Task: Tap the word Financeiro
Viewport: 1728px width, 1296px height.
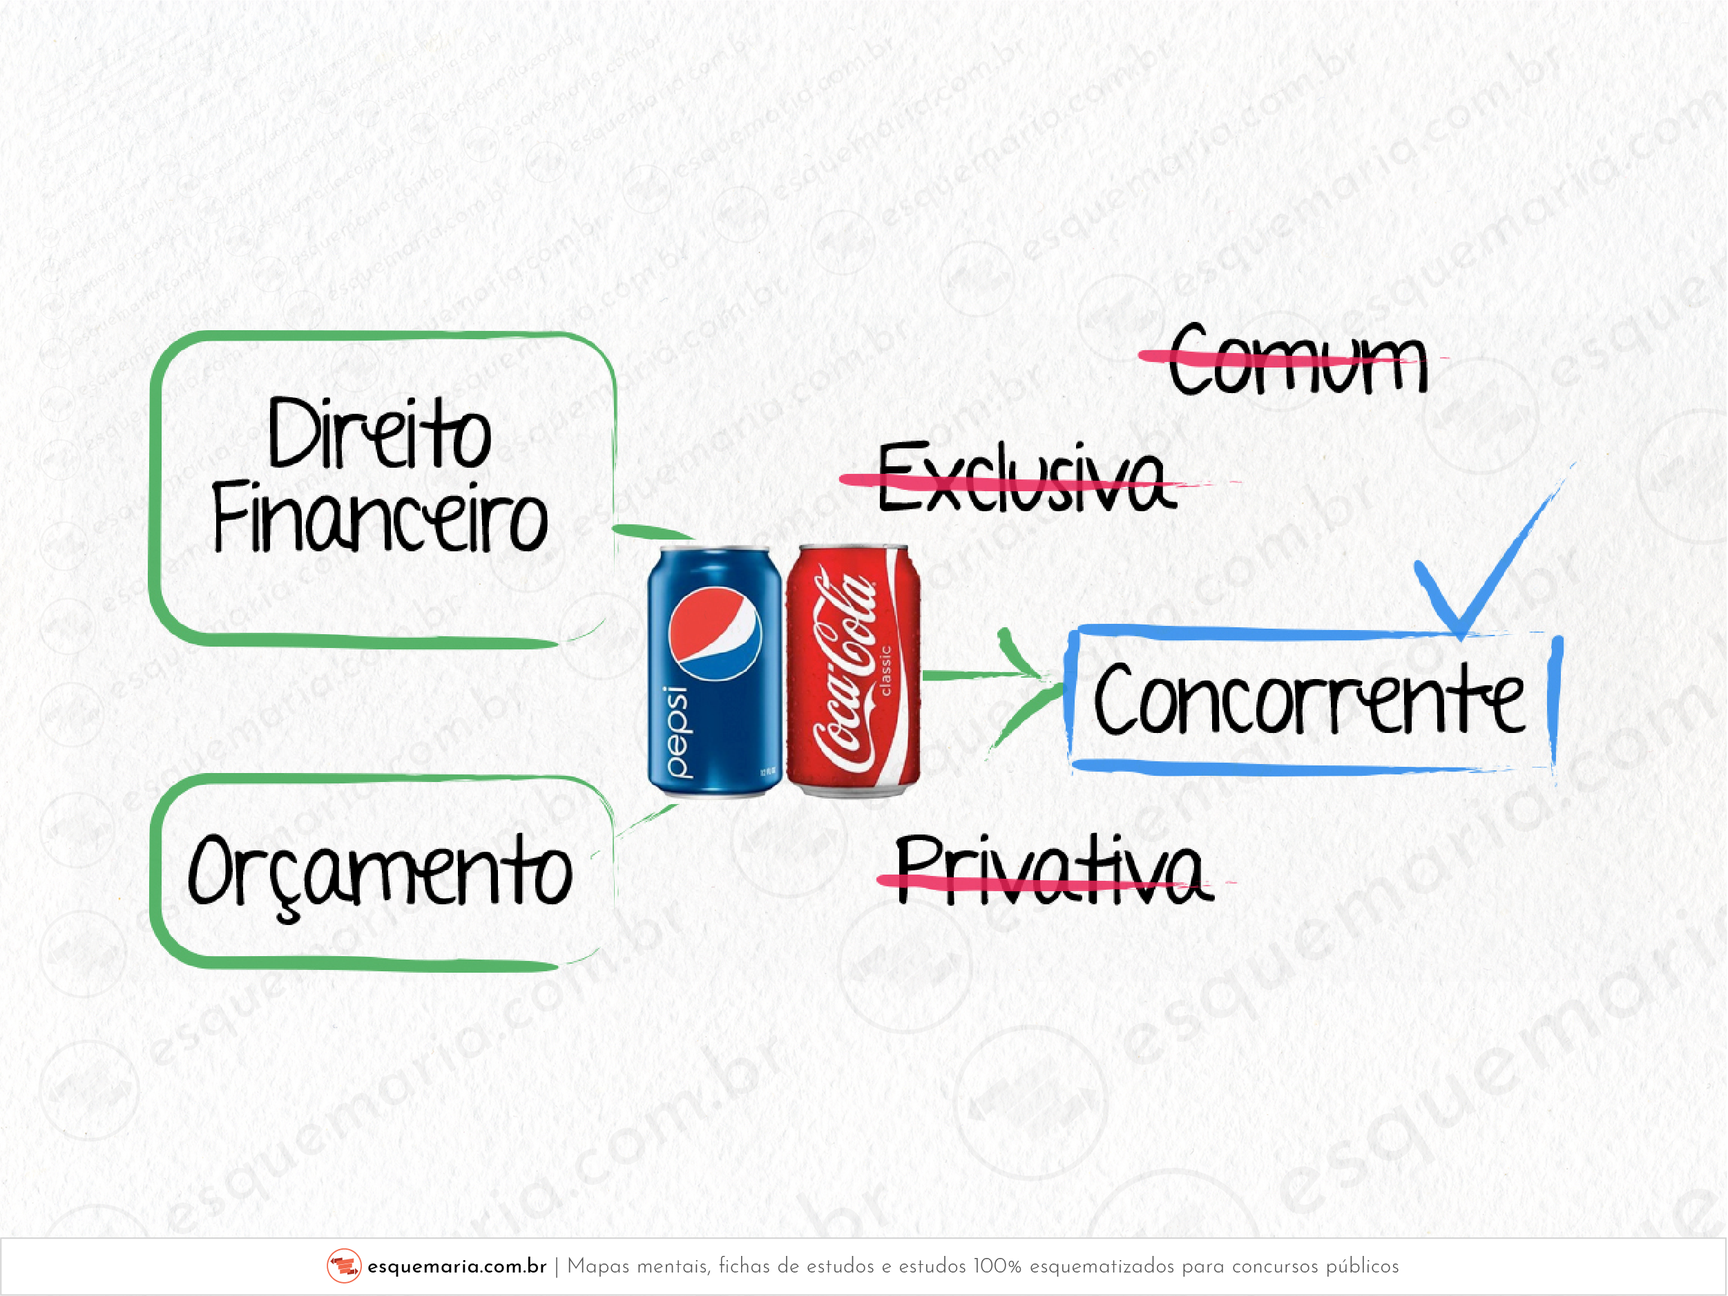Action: pyautogui.click(x=380, y=516)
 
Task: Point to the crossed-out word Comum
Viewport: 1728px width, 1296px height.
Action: pyautogui.click(x=1298, y=359)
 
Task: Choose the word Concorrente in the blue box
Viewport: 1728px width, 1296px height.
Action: pyautogui.click(x=1309, y=699)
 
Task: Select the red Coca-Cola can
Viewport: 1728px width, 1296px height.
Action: pyautogui.click(x=854, y=671)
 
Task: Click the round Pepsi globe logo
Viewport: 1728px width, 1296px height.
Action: pyautogui.click(x=715, y=633)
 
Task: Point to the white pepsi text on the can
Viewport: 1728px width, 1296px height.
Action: pyautogui.click(x=678, y=732)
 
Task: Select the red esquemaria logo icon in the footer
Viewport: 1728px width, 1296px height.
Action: pyautogui.click(x=344, y=1266)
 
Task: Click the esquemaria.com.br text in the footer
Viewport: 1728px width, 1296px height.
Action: pyautogui.click(x=457, y=1266)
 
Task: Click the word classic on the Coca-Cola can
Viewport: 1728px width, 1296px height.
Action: pyautogui.click(x=886, y=669)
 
